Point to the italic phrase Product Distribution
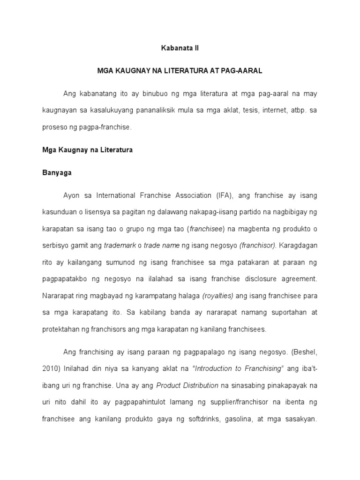[187, 385]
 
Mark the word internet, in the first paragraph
[268, 111]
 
